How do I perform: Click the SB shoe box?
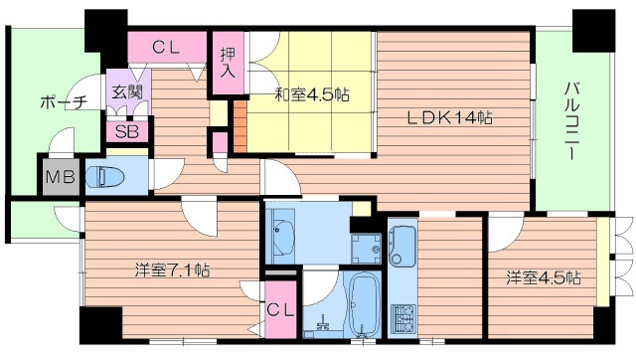click(126, 130)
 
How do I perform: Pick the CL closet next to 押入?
click(166, 47)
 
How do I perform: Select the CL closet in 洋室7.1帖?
click(280, 310)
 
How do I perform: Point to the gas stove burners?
click(405, 318)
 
